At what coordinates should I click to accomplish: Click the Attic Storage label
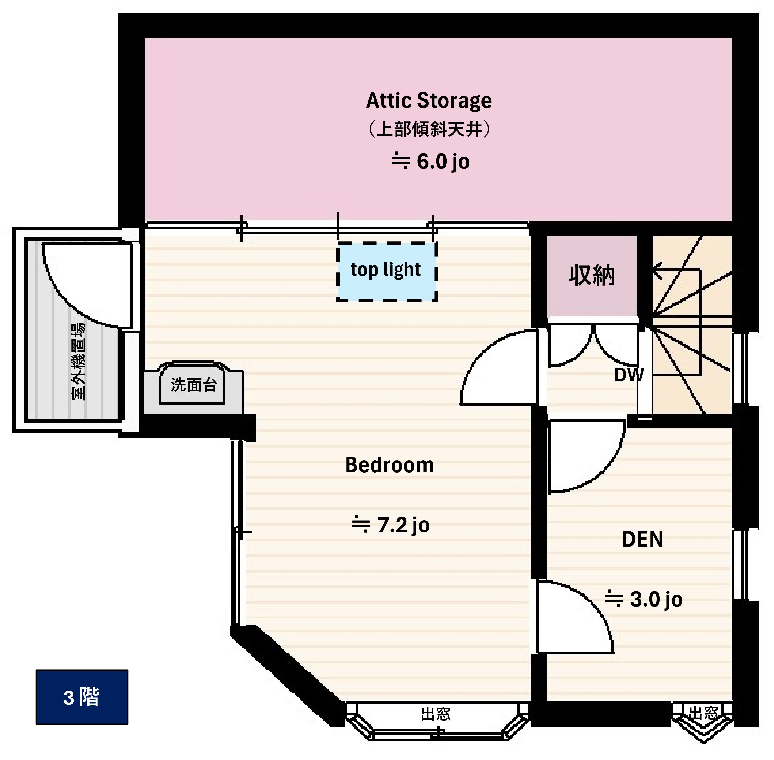point(428,101)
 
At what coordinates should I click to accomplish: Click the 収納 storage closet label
point(591,276)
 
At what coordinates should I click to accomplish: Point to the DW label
point(629,375)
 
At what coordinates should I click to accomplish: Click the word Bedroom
point(389,465)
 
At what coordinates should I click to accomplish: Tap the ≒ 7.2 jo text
point(390,525)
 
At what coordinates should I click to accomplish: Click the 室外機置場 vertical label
point(78,361)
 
